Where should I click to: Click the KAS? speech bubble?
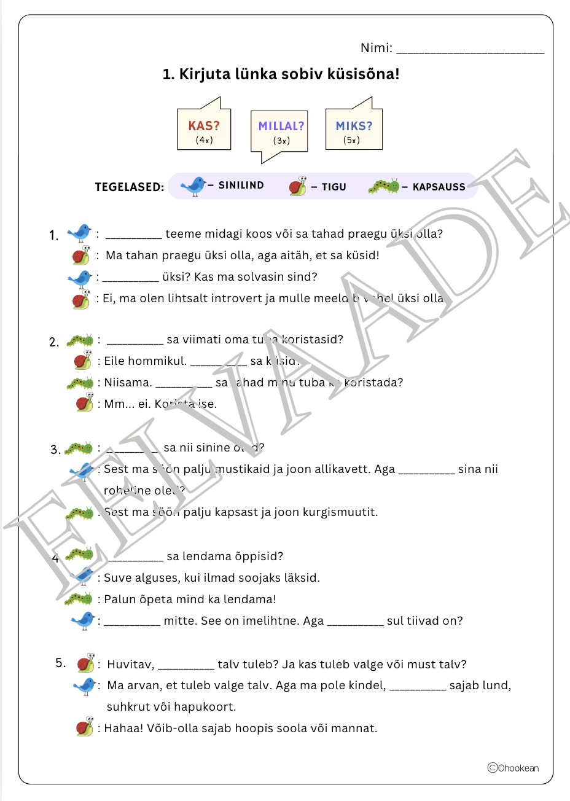coord(204,130)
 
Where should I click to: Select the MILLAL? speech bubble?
coord(280,131)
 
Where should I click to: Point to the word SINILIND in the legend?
coord(241,186)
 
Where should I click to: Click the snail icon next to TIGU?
coord(298,186)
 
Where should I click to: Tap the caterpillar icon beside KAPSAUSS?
coord(384,186)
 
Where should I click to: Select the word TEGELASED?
coord(130,187)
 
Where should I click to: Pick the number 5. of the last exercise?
coord(61,663)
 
